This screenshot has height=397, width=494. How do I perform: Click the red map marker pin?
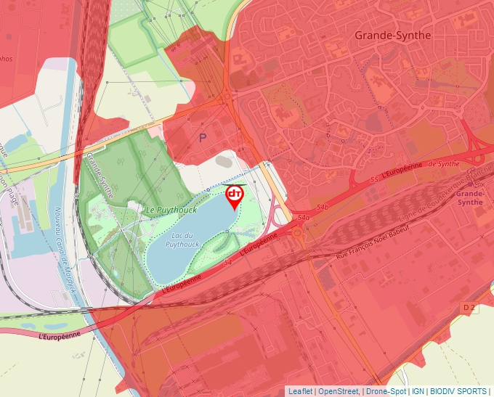[235, 196]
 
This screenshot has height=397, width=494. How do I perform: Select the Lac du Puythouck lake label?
[182, 240]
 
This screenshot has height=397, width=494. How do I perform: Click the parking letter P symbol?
[203, 136]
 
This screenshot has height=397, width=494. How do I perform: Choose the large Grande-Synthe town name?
[392, 35]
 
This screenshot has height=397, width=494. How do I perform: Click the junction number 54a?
[304, 217]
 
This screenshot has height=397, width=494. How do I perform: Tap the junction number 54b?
[323, 208]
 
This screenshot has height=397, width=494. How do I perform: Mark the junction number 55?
[373, 179]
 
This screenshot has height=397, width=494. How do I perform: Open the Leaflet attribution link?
[299, 391]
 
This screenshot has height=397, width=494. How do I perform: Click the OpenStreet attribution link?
[338, 391]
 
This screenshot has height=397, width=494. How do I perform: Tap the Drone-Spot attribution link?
[386, 391]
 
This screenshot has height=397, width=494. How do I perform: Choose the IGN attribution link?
[418, 391]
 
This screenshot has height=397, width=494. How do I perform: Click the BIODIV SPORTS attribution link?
[458, 391]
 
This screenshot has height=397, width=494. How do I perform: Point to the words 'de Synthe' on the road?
[444, 165]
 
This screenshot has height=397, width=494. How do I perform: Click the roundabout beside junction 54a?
[297, 233]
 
